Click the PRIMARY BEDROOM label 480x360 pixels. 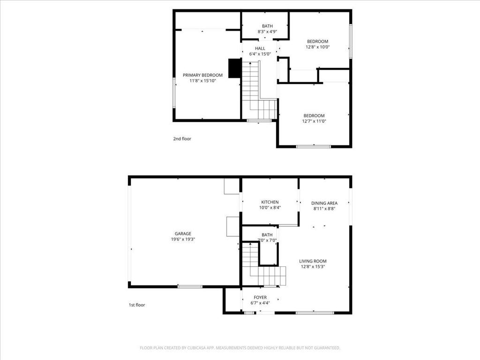202,75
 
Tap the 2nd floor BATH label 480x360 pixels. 267,26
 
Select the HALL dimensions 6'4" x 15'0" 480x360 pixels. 260,54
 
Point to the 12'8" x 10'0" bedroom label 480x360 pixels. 318,44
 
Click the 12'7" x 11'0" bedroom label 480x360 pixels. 314,118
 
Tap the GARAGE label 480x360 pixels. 183,234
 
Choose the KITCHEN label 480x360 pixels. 270,202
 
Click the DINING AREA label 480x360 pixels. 324,203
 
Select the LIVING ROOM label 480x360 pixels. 313,261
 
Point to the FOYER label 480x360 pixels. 260,297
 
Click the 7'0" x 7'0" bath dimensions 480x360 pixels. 267,240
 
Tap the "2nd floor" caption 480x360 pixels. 182,139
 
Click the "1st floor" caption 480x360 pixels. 137,305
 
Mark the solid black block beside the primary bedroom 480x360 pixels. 234,68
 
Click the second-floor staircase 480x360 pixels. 260,90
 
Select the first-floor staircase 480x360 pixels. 264,263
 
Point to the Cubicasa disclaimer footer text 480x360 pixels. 240,348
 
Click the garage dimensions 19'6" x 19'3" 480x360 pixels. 183,240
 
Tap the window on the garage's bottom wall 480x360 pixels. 190,286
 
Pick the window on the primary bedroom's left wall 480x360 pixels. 174,93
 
